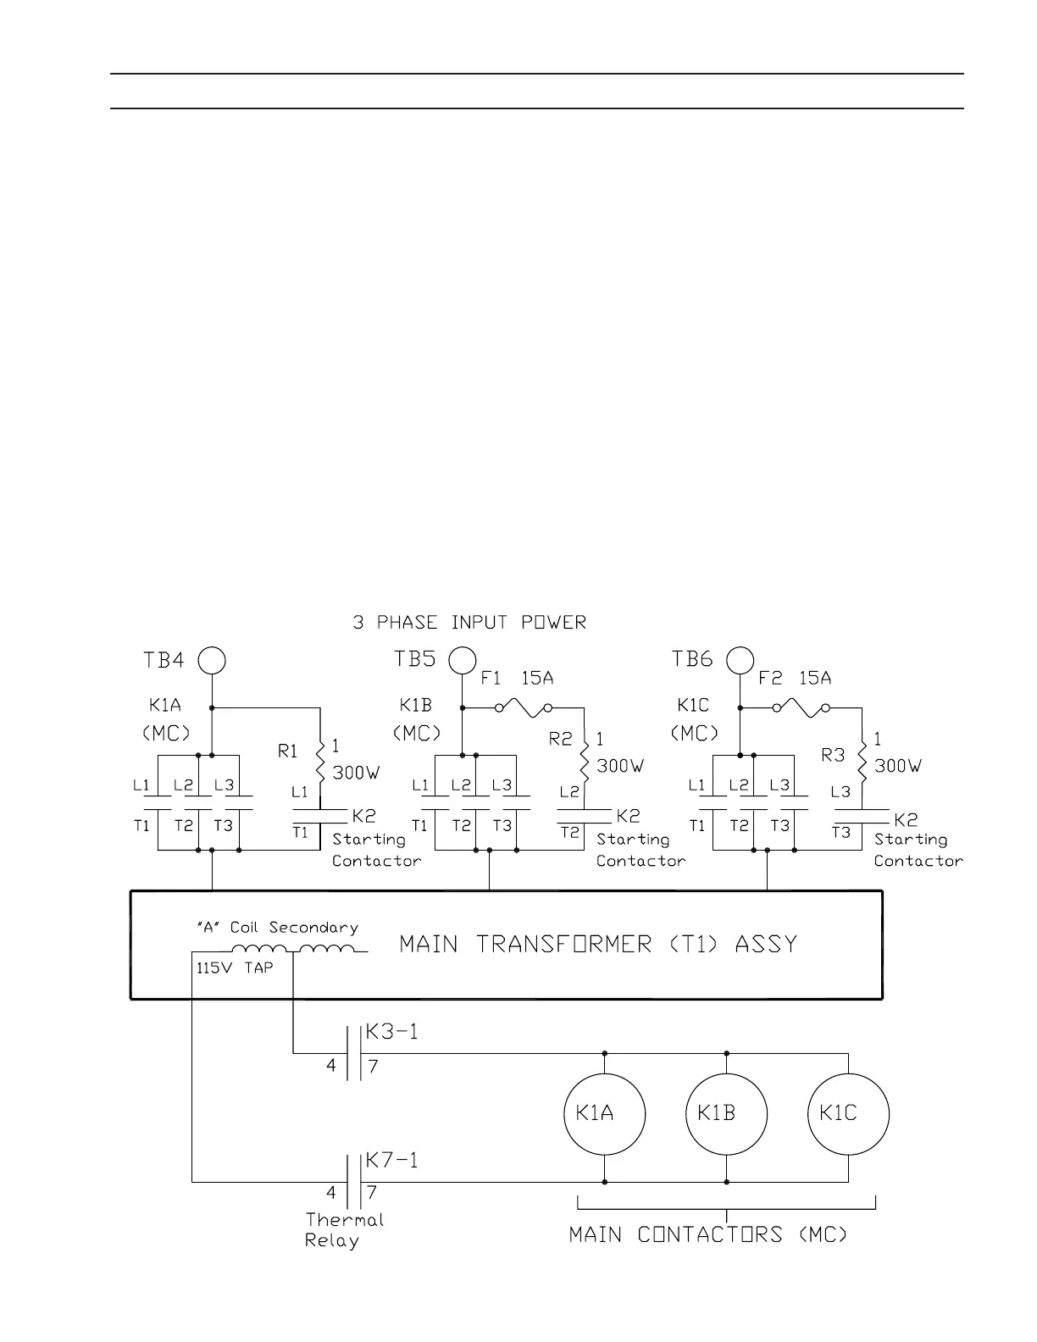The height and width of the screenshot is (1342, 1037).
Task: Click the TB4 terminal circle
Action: [x=212, y=660]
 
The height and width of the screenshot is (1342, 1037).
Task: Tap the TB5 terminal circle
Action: [x=463, y=660]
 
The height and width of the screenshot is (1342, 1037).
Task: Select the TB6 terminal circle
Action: [x=740, y=660]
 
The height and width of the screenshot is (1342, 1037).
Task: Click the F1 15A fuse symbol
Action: [x=523, y=707]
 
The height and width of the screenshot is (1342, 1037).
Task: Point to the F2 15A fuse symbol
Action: [x=801, y=707]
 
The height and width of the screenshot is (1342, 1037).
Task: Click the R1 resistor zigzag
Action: [x=320, y=761]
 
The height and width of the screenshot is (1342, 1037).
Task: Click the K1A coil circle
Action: [x=604, y=1114]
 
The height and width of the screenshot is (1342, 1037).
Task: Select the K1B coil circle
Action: [x=726, y=1114]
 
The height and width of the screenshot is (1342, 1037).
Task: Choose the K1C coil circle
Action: [x=848, y=1114]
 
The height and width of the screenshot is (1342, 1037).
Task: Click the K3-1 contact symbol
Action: [x=354, y=1054]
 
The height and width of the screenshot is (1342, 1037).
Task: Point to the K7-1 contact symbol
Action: [x=354, y=1182]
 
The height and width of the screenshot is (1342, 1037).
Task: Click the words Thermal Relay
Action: [x=344, y=1230]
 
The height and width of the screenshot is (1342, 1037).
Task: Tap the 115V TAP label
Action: [x=235, y=968]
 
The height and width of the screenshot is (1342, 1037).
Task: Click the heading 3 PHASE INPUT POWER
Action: [x=469, y=623]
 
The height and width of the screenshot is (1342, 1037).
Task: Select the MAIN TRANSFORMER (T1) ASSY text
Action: [x=598, y=944]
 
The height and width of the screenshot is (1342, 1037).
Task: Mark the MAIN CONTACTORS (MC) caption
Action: [x=707, y=1234]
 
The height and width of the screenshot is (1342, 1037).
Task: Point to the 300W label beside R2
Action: [x=620, y=766]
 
